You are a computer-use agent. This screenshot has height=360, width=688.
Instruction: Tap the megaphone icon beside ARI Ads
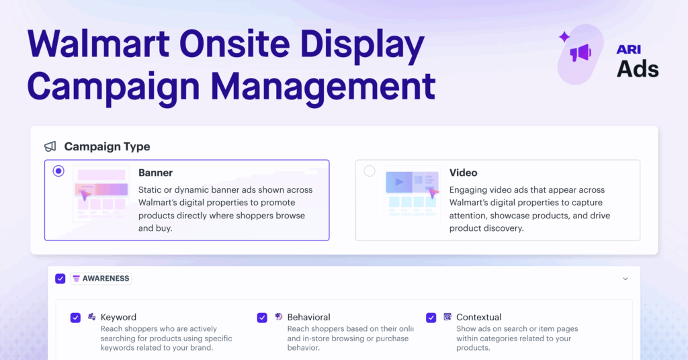tap(580, 53)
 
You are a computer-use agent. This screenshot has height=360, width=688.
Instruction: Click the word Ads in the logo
tap(638, 68)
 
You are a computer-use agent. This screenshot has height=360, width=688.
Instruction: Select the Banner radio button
tap(58, 171)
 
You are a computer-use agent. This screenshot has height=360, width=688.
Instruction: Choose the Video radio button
tap(370, 171)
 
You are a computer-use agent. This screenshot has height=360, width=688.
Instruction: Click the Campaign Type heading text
tap(107, 146)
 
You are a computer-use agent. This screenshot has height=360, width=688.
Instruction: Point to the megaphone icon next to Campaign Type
tap(50, 146)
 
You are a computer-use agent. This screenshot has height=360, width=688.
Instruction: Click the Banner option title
tap(155, 173)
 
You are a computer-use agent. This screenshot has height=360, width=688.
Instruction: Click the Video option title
tap(463, 173)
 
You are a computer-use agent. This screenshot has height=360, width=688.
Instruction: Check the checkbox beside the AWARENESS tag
tap(60, 278)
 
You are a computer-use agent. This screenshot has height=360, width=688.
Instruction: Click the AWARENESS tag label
tap(101, 278)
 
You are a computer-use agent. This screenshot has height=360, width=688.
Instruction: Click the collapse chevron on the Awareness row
tap(626, 279)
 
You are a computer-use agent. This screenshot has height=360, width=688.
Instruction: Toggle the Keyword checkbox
tap(75, 318)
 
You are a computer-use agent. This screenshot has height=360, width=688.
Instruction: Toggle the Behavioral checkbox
tap(262, 318)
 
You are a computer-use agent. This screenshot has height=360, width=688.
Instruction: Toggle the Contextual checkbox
tap(431, 318)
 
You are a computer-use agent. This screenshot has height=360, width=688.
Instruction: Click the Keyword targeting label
tap(118, 317)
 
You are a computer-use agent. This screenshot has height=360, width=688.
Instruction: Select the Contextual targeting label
tap(478, 317)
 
